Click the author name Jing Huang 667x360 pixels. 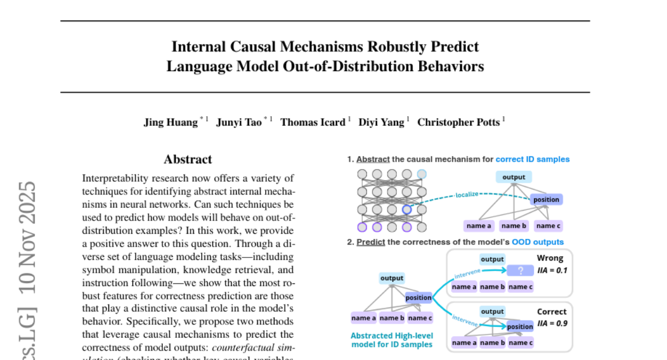pyautogui.click(x=171, y=122)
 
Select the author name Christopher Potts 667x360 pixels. pyautogui.click(x=458, y=122)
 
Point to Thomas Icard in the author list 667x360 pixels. pyautogui.click(x=312, y=122)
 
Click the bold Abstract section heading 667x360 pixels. pyautogui.click(x=188, y=159)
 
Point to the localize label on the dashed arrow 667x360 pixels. pyautogui.click(x=467, y=195)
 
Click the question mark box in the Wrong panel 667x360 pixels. pyautogui.click(x=520, y=271)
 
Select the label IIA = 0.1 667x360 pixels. pyautogui.click(x=552, y=271)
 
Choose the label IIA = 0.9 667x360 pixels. pyautogui.click(x=552, y=323)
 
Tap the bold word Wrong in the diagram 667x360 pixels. pyautogui.click(x=550, y=258)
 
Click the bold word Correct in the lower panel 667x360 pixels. pyautogui.click(x=551, y=312)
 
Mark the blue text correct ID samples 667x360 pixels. pyautogui.click(x=532, y=159)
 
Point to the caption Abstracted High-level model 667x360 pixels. pyautogui.click(x=392, y=340)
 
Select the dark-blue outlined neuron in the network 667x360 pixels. pyautogui.click(x=407, y=209)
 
